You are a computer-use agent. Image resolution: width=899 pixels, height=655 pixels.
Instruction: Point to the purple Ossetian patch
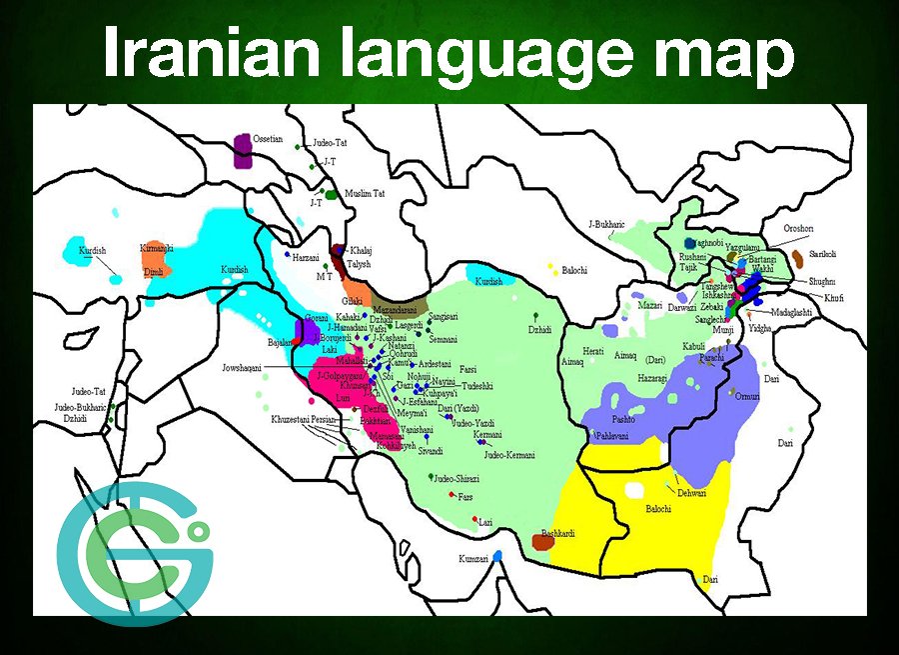pos(243,151)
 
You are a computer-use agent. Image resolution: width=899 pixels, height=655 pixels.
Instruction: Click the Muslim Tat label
pos(365,192)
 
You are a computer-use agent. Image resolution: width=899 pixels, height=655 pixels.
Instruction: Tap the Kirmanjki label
pos(157,247)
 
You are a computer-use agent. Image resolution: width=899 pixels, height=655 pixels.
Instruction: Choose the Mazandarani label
pos(401,297)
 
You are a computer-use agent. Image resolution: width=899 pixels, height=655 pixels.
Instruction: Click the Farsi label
pos(469,368)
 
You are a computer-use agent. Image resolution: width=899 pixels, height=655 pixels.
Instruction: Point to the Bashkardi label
pos(559,530)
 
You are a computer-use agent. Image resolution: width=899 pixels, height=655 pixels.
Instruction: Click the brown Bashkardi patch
pos(542,542)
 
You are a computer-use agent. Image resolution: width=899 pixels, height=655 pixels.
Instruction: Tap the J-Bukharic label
pos(605,224)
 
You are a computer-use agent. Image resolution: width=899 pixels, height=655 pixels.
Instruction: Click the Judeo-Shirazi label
pos(457,479)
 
